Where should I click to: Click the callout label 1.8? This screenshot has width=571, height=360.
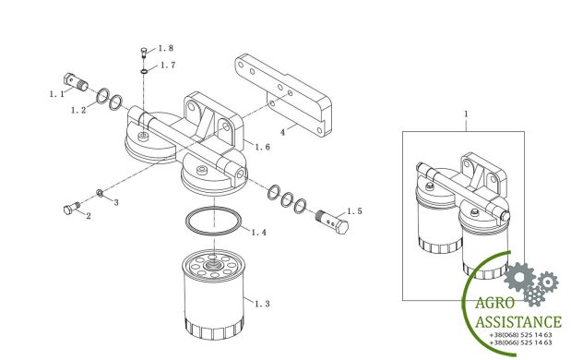coord(166,48)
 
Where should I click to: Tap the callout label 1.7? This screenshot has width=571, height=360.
coord(168,66)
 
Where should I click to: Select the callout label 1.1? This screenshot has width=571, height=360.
coord(57,94)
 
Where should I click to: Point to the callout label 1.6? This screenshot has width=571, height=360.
coord(263,147)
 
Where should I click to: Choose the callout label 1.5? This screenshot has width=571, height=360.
coord(354,211)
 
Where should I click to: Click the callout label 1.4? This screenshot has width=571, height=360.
coord(259,232)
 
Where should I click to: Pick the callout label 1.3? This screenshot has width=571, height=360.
coord(262,304)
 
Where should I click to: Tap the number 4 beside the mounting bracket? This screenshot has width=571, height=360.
coord(282,132)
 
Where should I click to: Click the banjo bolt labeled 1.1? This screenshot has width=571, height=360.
coord(76,82)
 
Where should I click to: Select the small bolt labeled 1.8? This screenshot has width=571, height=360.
coord(144,54)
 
